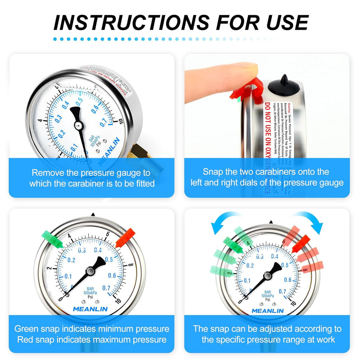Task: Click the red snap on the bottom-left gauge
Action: (x=126, y=238)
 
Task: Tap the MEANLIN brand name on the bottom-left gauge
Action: (x=91, y=309)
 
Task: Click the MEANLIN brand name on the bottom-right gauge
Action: (x=268, y=311)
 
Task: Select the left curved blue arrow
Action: (x=225, y=224)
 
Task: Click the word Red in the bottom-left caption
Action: (x=25, y=340)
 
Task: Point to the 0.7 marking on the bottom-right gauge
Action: (x=282, y=291)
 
